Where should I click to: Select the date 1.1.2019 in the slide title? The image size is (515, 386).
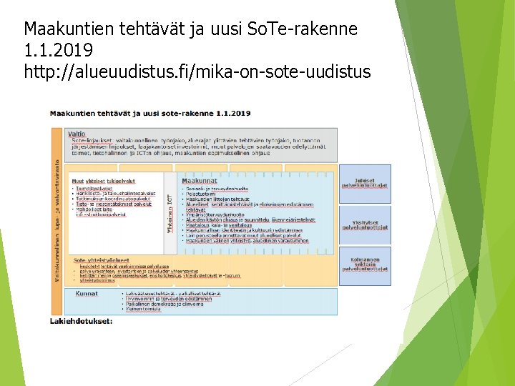[58, 51]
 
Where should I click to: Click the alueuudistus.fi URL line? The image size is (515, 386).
[197, 72]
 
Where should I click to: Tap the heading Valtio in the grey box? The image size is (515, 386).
[77, 134]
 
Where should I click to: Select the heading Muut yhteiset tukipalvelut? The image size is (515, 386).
[103, 181]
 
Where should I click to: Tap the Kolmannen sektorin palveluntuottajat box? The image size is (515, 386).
[365, 264]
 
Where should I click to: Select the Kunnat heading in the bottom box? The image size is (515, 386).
[87, 292]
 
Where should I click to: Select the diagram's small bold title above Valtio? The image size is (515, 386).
[149, 113]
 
